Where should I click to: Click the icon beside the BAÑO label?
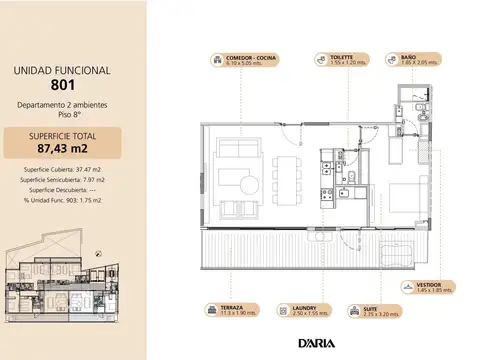[x=392, y=59]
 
